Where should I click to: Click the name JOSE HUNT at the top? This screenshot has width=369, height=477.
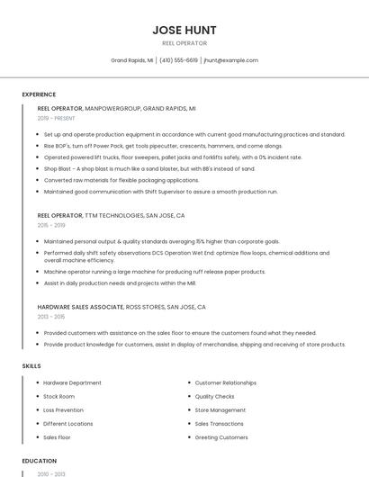(x=184, y=30)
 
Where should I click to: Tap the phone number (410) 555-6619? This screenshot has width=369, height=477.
(x=179, y=60)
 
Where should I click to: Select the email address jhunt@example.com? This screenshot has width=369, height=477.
(x=231, y=60)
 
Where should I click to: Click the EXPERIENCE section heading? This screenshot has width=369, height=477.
(x=39, y=94)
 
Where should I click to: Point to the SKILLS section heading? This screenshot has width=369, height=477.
(x=31, y=366)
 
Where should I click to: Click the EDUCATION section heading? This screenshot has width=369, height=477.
(x=39, y=460)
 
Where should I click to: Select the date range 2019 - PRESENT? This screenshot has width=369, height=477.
(x=57, y=118)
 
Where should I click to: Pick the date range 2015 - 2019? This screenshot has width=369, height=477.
(x=51, y=226)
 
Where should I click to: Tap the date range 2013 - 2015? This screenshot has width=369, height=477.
(x=51, y=317)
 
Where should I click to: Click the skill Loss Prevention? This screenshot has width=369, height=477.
(x=63, y=409)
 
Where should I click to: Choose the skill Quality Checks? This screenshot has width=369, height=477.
(x=214, y=396)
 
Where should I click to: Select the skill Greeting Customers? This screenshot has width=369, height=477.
(x=221, y=437)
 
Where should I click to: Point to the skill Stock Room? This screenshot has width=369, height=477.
(x=58, y=396)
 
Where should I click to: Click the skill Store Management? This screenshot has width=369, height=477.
(x=220, y=409)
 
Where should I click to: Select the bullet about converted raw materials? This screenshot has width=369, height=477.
(x=121, y=180)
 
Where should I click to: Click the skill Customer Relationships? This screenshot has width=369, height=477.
(x=225, y=382)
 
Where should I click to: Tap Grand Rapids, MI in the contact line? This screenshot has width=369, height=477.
(x=131, y=60)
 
